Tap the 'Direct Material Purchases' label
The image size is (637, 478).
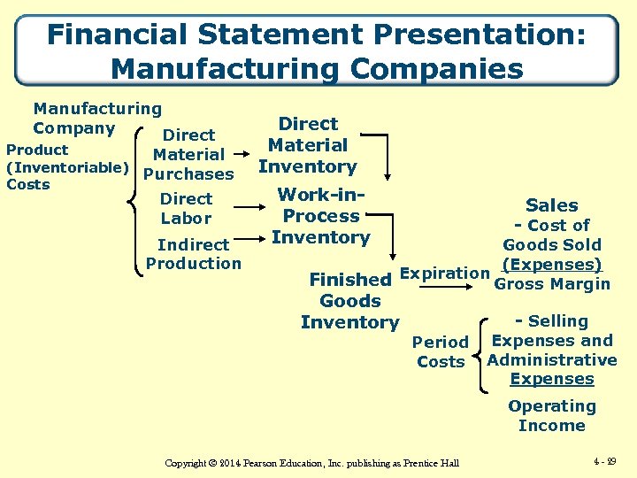tap(188, 155)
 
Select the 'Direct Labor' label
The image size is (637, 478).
tap(186, 209)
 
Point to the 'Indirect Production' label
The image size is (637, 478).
tap(193, 254)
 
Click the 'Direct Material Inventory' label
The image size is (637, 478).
tap(308, 145)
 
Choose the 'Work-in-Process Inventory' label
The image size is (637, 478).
tap(320, 216)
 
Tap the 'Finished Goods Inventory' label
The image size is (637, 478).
tap(350, 301)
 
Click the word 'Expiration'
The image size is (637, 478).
tap(444, 273)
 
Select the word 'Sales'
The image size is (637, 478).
tap(551, 205)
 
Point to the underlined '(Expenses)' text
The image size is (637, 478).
tap(551, 265)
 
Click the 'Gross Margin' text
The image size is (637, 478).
tap(552, 284)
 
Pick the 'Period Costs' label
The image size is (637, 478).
tap(441, 351)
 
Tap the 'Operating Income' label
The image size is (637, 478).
tap(551, 416)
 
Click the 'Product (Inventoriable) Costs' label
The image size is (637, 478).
tap(67, 166)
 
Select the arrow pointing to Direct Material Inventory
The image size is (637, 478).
tap(245, 146)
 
